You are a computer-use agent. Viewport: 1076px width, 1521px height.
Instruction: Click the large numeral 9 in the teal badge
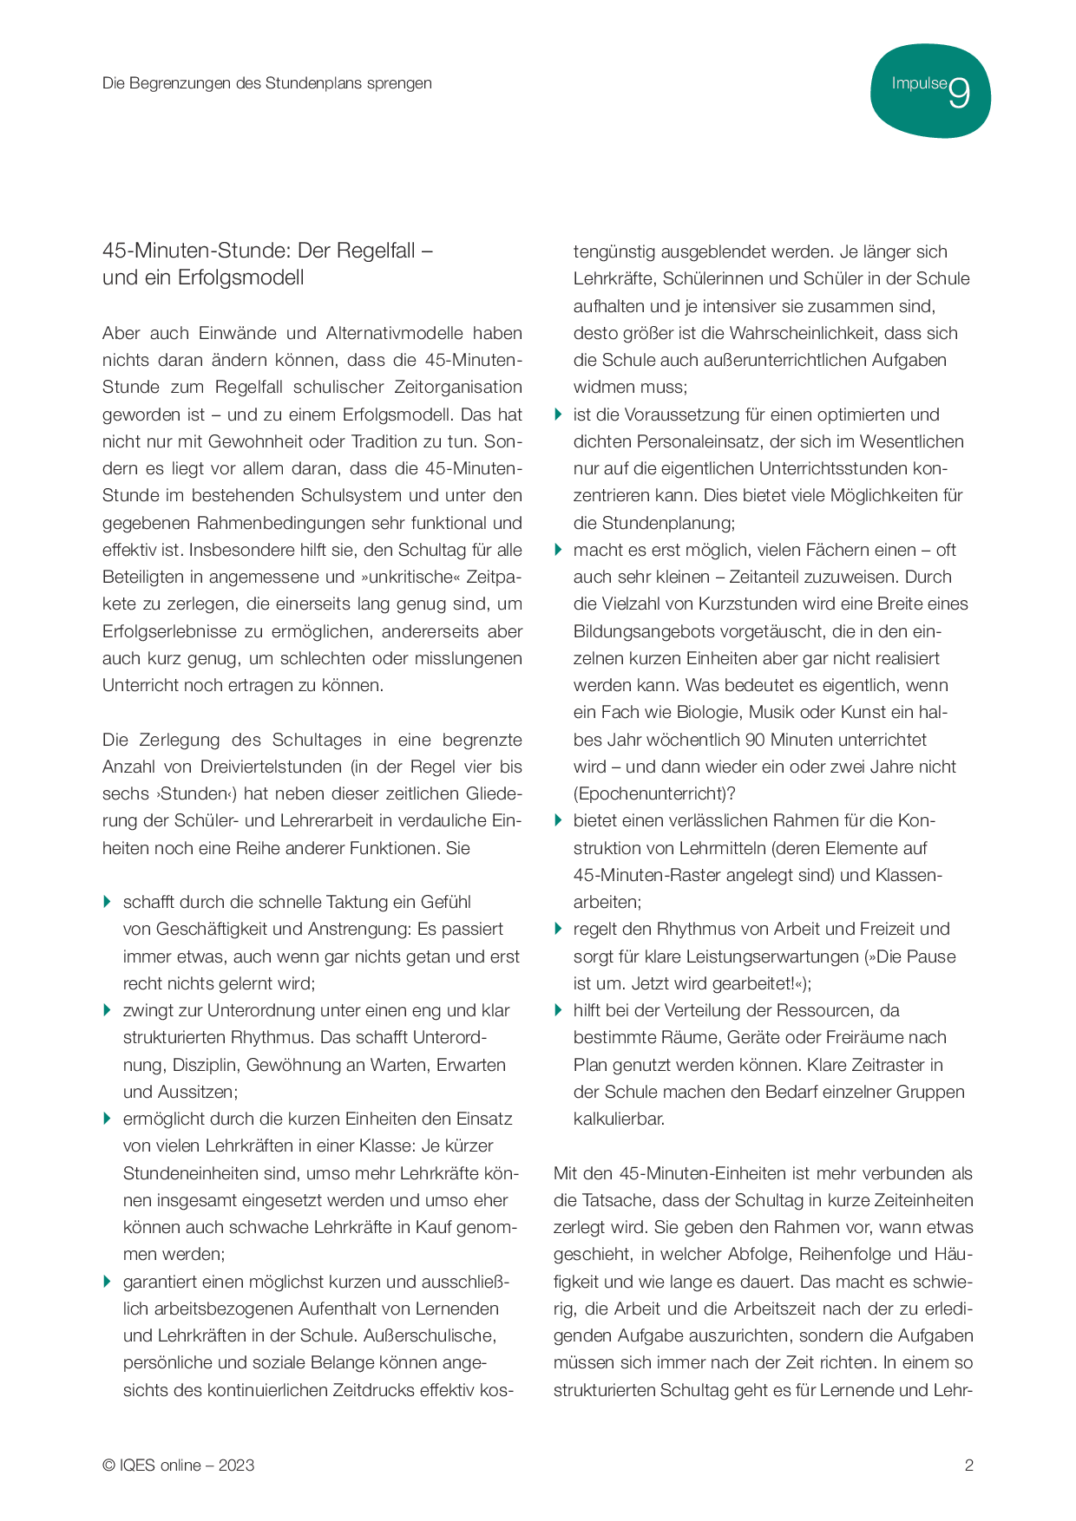click(959, 94)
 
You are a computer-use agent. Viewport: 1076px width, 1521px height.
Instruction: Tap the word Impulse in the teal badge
click(919, 83)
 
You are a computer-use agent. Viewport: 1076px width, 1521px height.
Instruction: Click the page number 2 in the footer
click(969, 1466)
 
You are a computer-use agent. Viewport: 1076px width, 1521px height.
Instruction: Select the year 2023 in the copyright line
click(236, 1466)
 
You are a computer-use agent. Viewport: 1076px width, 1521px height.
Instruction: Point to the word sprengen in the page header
click(399, 83)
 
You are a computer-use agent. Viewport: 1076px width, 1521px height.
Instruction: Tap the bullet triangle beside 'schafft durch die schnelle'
click(108, 902)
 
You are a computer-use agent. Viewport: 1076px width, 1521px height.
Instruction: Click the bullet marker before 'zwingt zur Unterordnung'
click(108, 1010)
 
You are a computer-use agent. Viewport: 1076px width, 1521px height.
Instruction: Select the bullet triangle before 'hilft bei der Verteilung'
click(558, 1010)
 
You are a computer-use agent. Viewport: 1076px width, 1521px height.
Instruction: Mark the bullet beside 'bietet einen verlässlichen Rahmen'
click(558, 820)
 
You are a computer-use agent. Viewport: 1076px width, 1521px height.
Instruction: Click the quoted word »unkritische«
click(410, 577)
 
